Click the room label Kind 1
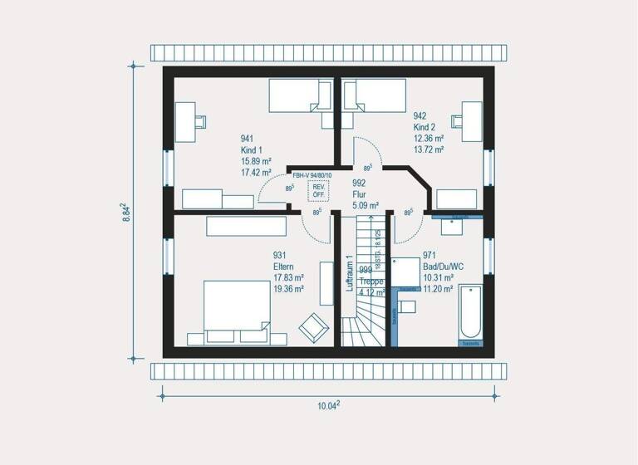[x=252, y=150]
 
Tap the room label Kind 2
[x=425, y=128]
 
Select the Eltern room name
[x=285, y=267]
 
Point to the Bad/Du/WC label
[x=444, y=267]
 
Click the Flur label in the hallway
[x=360, y=194]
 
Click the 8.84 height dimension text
[x=123, y=218]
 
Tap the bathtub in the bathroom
[x=470, y=315]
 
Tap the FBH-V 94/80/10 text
[x=312, y=175]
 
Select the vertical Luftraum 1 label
[x=350, y=272]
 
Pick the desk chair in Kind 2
[x=454, y=120]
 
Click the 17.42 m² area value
[x=258, y=173]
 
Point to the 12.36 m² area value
[x=429, y=139]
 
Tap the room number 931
[x=280, y=256]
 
